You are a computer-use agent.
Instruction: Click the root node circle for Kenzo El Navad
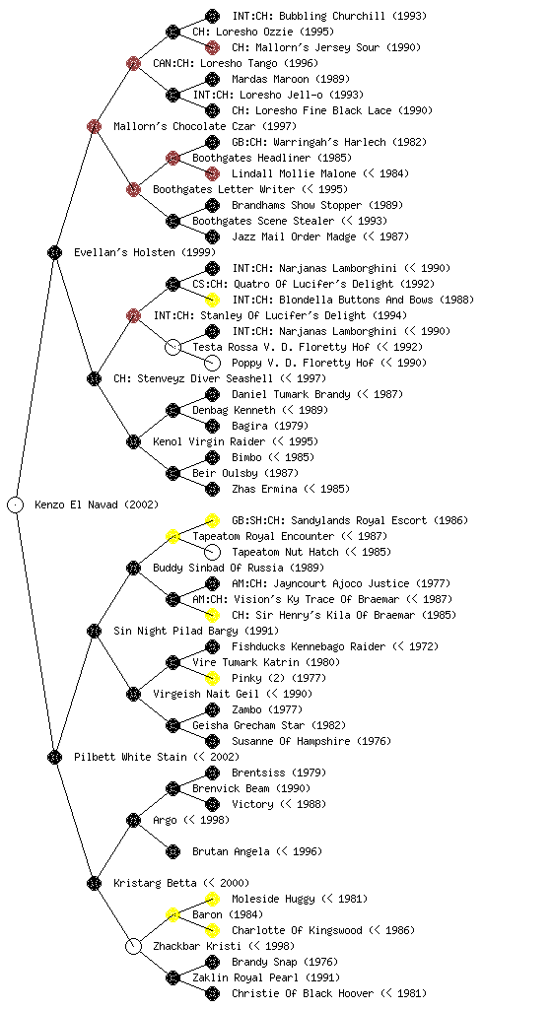tap(16, 504)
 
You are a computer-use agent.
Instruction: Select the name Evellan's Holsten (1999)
tap(145, 252)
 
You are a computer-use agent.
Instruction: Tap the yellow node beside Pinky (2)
tap(212, 678)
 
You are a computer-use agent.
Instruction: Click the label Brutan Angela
tap(231, 851)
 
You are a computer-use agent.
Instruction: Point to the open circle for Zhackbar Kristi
tap(133, 946)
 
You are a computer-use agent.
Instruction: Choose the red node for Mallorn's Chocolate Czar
tap(94, 126)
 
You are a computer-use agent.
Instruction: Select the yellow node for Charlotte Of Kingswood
tap(212, 930)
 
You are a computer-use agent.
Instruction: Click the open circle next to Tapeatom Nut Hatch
tap(212, 552)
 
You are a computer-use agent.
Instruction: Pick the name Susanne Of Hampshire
tap(292, 741)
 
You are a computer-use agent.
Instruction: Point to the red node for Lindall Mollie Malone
tap(212, 173)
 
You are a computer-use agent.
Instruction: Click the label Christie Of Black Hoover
tap(303, 993)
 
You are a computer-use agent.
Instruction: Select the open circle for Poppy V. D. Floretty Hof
tap(212, 363)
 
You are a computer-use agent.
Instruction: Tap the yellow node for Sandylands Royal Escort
tap(212, 520)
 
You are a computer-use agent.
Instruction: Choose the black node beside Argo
tap(133, 820)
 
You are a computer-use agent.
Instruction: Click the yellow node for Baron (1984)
tap(172, 914)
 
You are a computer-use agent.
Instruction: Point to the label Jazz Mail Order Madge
tap(294, 236)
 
